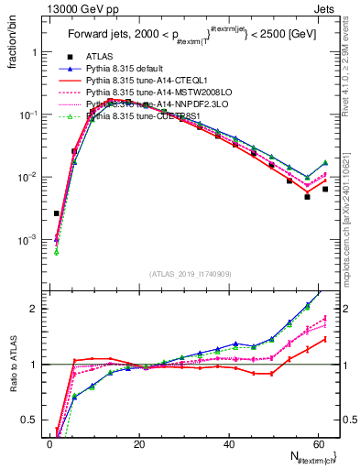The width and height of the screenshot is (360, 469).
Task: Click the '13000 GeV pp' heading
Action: pyautogui.click(x=47, y=8)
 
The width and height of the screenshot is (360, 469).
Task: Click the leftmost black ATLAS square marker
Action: pyautogui.click(x=57, y=213)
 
